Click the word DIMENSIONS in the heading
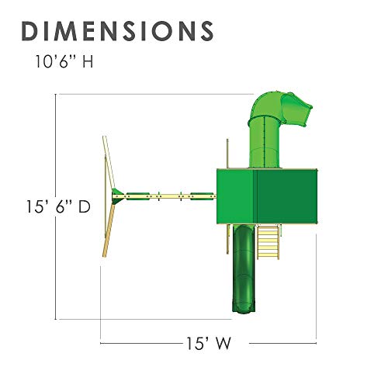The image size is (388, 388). point(118,30)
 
